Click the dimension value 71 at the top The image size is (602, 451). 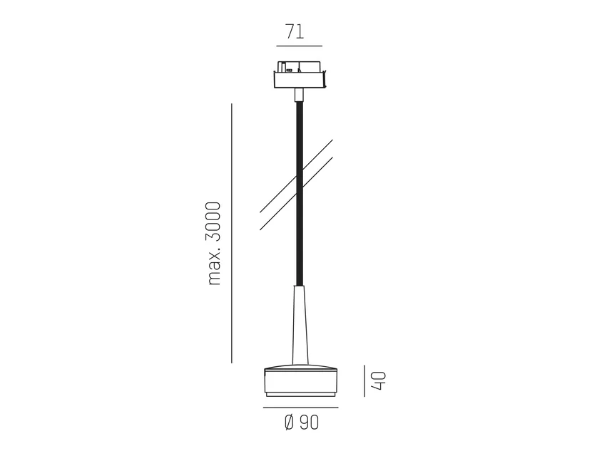pyautogui.click(x=295, y=31)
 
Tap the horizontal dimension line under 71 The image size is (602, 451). pyautogui.click(x=300, y=46)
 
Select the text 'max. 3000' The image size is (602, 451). pyautogui.click(x=214, y=244)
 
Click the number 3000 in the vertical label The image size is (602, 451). pyautogui.click(x=214, y=222)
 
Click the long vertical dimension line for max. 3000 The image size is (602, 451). pyautogui.click(x=232, y=233)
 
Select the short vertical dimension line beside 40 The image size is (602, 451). pyautogui.click(x=364, y=380)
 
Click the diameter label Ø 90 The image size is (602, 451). pyautogui.click(x=302, y=423)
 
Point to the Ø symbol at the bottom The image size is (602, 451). pyautogui.click(x=290, y=423)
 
